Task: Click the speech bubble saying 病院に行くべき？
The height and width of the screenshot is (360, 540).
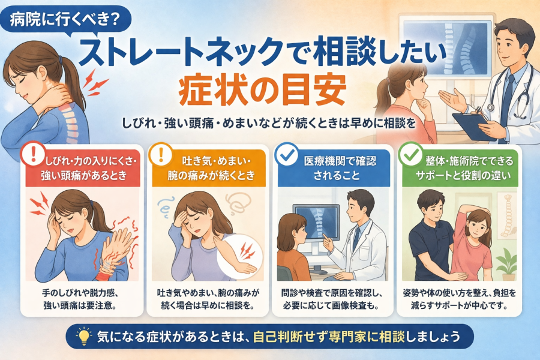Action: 65,20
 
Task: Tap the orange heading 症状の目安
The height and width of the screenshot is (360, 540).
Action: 262,89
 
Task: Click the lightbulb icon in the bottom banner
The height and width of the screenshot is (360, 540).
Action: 83,336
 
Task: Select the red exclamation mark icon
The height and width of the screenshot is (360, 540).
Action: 33,154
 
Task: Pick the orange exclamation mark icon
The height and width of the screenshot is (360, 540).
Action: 160,154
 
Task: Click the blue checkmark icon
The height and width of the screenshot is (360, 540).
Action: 287,154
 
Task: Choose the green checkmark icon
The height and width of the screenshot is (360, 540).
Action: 410,154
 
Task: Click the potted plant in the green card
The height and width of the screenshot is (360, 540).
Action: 507,265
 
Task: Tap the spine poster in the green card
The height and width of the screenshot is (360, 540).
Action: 506,215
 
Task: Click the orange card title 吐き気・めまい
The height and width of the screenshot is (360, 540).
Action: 211,169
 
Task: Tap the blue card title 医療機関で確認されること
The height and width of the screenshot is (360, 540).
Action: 337,169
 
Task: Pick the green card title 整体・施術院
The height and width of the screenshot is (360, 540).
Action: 463,169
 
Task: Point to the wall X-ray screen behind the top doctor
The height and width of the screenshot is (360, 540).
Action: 447,47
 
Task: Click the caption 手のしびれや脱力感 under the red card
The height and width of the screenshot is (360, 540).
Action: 80,293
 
